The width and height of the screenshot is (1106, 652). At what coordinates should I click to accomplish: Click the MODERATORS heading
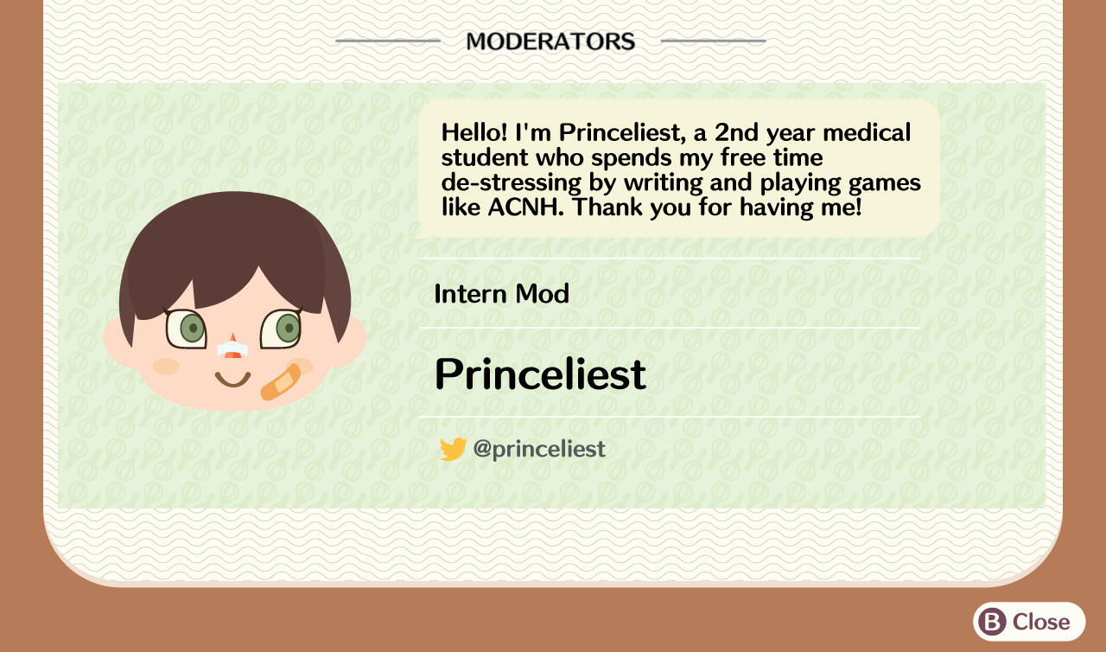pos(550,41)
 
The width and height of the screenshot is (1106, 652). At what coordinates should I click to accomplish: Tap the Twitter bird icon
pos(453,449)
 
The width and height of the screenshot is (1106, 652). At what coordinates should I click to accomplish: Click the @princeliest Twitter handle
pos(539,449)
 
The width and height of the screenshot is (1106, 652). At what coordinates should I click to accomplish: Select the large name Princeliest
pos(540,374)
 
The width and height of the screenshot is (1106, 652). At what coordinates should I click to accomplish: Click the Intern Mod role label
pos(501,294)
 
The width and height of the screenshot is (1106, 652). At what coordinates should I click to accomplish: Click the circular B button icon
pos(994,622)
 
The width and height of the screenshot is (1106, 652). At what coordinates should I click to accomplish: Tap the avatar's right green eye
pos(284,328)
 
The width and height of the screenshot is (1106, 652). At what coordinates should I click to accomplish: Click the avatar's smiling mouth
pos(232,378)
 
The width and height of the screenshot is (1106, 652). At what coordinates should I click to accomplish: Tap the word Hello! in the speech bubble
pos(474,133)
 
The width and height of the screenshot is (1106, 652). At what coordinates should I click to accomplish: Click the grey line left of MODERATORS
pos(388,41)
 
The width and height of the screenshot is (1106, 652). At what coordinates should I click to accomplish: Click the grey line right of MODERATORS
pos(713,41)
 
